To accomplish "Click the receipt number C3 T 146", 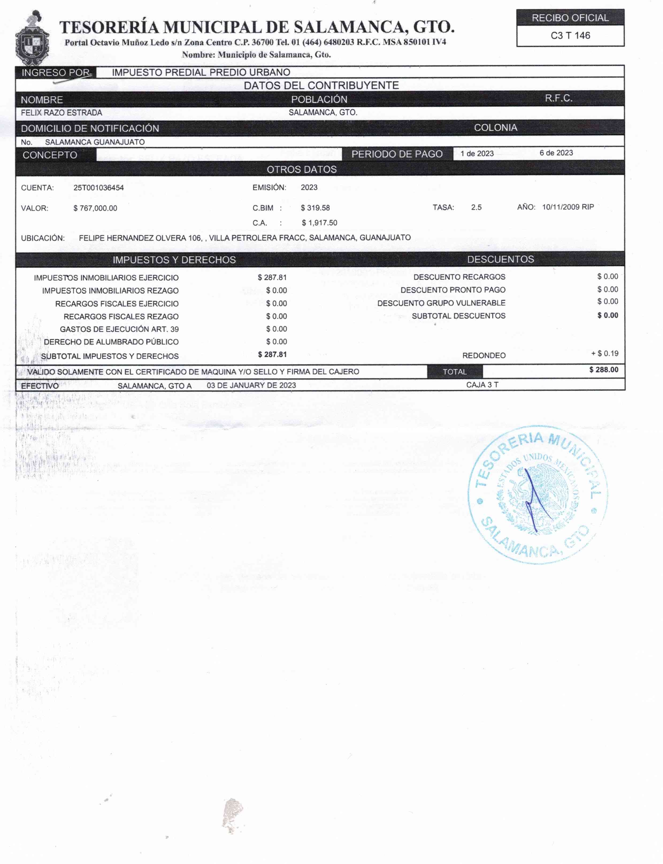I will tap(570, 36).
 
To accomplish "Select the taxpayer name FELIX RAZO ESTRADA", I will tap(62, 113).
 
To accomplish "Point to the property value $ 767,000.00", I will tap(95, 208).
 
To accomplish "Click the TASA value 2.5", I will tap(476, 208).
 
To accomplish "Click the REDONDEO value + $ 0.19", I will tap(605, 354).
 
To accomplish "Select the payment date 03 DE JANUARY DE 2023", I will tap(251, 385).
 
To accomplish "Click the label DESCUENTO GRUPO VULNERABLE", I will tap(441, 303).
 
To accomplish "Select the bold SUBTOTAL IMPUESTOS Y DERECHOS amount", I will tap(272, 355).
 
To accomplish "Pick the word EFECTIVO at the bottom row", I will tap(40, 386).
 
